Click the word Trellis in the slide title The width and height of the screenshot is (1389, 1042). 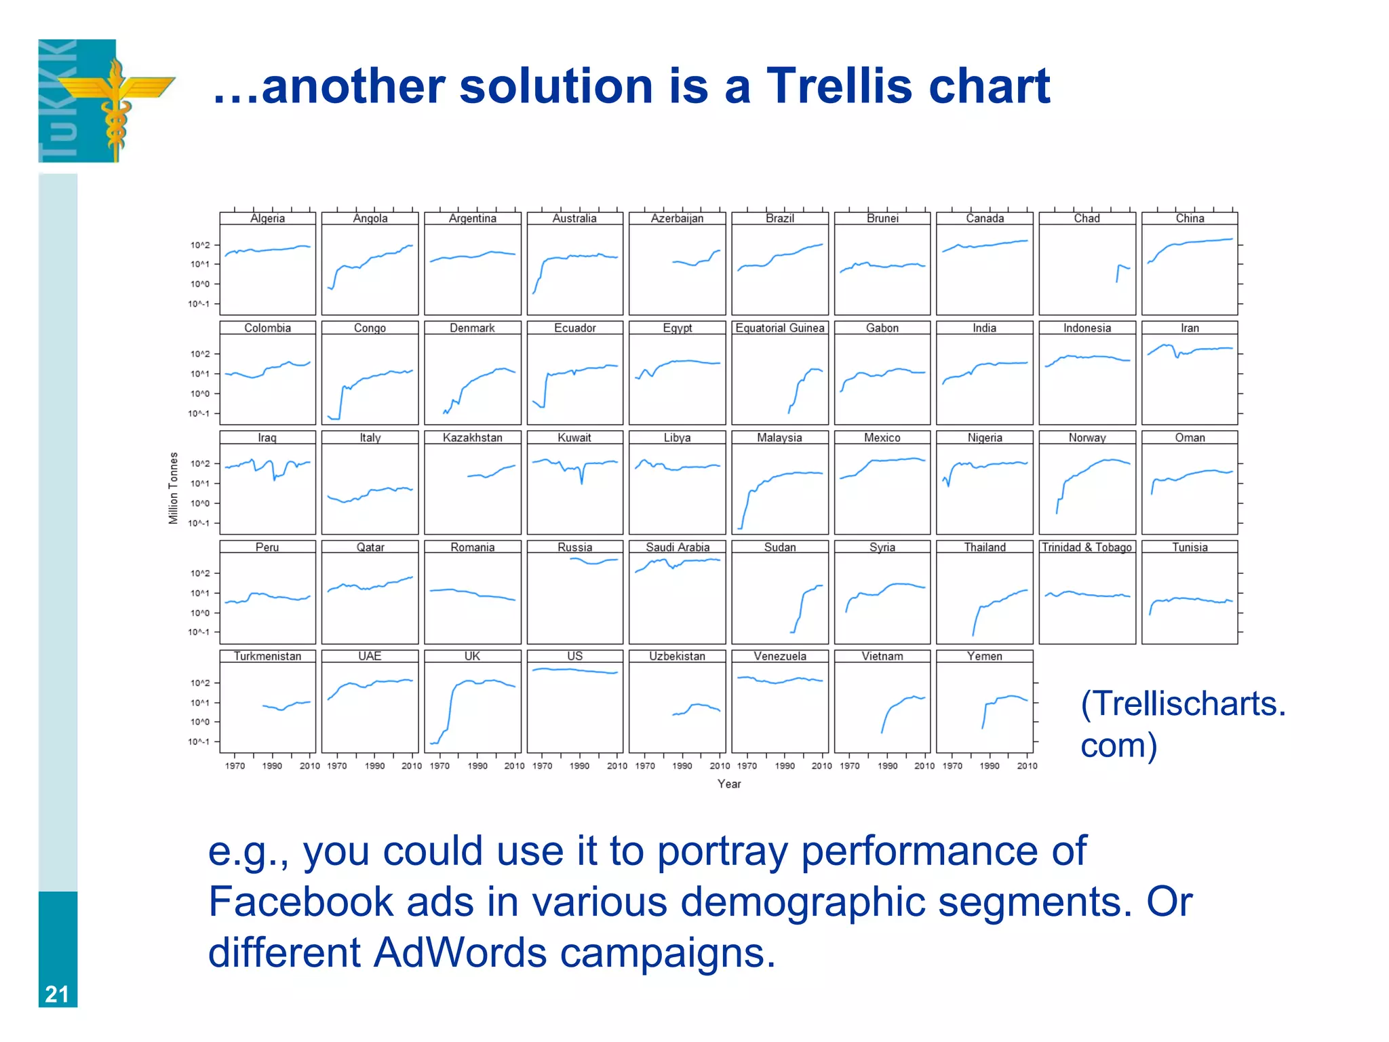pos(840,87)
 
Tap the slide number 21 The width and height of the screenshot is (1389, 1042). pos(57,994)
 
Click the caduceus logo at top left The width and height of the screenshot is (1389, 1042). pos(109,101)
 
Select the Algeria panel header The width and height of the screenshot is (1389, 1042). pos(267,218)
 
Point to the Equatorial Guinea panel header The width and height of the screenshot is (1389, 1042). pos(779,328)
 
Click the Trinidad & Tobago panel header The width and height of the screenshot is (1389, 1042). pos(1087,547)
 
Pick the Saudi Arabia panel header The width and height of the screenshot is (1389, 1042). pos(677,547)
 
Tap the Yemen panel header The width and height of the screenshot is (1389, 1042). pos(984,656)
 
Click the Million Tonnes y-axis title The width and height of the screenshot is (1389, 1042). pos(174,488)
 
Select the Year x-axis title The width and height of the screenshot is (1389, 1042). pos(729,784)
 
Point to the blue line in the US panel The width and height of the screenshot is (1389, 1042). pos(574,670)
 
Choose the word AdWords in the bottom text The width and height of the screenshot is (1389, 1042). pos(460,952)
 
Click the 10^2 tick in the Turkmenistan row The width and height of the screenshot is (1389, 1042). pos(200,683)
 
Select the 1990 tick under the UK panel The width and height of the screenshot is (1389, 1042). pos(477,766)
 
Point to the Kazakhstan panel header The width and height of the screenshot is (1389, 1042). pos(472,438)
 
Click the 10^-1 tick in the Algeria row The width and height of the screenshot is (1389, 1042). pos(199,304)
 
